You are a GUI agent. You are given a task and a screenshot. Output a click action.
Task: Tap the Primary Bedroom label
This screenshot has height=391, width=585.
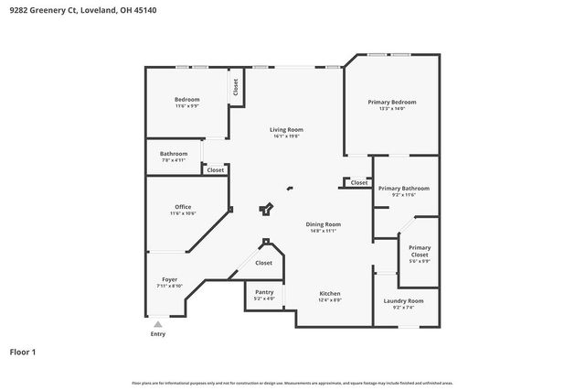(391, 102)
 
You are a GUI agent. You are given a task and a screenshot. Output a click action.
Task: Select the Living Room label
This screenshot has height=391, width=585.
(286, 130)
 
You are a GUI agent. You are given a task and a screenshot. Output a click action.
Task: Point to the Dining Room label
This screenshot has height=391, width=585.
(323, 224)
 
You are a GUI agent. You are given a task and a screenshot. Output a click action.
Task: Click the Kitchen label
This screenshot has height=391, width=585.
(330, 294)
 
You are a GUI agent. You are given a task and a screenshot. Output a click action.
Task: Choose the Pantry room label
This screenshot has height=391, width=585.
(264, 292)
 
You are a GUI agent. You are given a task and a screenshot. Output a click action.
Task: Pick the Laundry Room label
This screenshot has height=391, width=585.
(402, 300)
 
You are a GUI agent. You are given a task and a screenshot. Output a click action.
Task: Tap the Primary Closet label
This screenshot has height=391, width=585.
(420, 247)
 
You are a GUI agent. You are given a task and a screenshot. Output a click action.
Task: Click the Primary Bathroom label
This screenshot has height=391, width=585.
(403, 188)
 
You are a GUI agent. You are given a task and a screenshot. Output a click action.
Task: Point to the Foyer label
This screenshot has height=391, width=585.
(169, 279)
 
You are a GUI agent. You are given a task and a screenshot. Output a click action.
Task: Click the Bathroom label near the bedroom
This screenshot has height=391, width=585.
(174, 153)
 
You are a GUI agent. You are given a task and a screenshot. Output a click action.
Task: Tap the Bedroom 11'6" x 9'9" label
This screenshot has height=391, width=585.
(186, 99)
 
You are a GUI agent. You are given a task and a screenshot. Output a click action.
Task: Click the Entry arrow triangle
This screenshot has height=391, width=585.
(158, 323)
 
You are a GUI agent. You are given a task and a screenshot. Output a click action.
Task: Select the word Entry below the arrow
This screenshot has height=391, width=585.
(158, 334)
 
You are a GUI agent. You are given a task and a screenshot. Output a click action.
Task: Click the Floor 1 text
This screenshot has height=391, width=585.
(23, 352)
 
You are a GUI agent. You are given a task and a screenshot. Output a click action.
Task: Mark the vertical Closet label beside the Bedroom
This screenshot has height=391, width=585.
(236, 88)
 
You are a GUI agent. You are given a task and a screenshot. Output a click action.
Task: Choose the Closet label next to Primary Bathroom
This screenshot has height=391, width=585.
(359, 182)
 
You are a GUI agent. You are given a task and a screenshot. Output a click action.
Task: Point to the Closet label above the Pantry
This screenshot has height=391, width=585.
(263, 263)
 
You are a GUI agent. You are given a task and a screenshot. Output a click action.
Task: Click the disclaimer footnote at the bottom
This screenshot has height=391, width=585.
(292, 383)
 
